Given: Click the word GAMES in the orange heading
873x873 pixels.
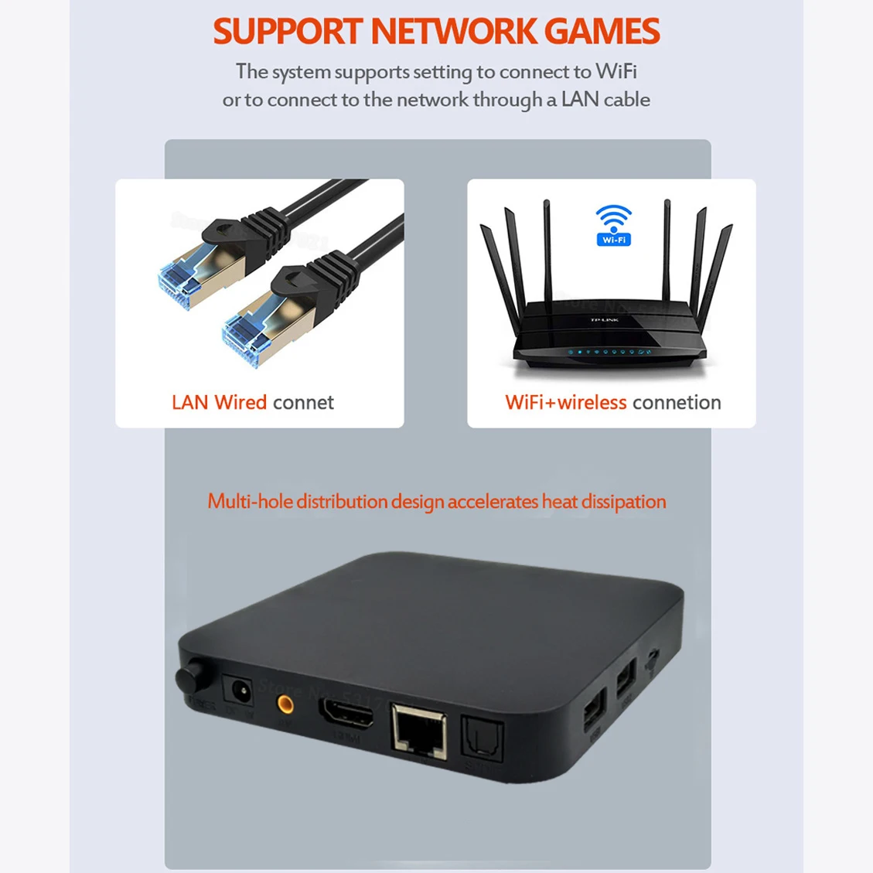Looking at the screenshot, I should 602,31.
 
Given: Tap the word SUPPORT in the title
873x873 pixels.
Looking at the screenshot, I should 288,31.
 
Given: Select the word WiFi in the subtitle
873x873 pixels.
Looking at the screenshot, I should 616,71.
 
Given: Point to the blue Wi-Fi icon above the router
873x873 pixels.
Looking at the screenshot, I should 614,225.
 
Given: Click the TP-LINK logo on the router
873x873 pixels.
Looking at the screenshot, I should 604,319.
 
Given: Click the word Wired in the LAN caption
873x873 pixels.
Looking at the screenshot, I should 240,402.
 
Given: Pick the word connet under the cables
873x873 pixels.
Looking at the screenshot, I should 303,402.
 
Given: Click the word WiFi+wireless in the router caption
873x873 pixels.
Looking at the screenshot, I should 565,402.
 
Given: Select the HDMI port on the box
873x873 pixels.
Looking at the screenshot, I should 347,716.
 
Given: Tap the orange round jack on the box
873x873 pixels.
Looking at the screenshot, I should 285,704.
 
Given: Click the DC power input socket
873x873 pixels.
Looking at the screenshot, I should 237,691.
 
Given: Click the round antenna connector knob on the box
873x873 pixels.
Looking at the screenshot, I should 189,677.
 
